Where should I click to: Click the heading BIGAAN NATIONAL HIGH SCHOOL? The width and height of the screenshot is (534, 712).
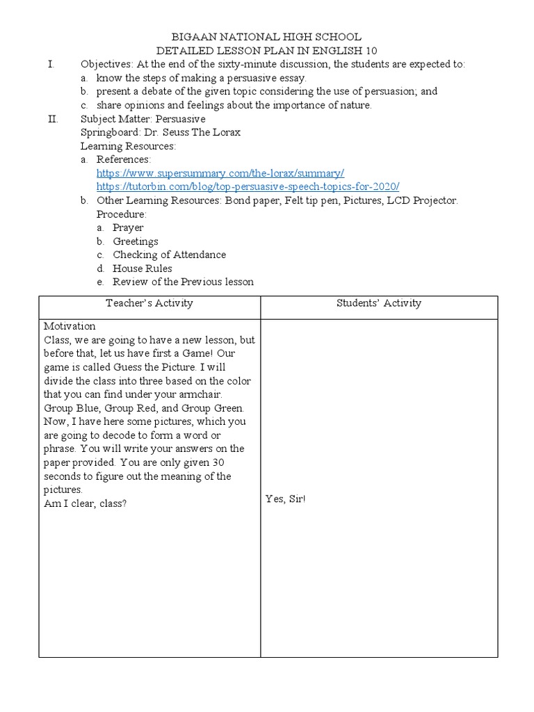pos(266,38)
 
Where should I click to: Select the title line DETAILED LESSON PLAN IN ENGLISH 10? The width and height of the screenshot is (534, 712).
pos(266,51)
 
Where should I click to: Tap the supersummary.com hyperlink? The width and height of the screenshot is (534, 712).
pos(220,173)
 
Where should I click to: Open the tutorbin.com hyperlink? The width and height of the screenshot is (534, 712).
pos(248,186)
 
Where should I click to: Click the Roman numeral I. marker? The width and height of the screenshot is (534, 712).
pos(50,65)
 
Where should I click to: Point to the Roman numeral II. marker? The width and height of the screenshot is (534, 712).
pos(51,119)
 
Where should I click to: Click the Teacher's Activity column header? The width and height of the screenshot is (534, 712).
pos(149,303)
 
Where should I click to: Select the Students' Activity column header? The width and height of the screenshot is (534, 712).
pos(379,303)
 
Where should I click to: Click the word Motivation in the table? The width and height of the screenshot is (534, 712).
pos(70,326)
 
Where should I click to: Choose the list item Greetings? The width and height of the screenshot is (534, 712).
pos(136,241)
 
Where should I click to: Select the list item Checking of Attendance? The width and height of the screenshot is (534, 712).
pos(169,254)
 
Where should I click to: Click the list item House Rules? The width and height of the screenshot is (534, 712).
pos(143,268)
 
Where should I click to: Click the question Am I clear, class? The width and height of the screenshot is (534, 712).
pos(85,503)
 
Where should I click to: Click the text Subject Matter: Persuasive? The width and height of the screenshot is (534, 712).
pos(143,119)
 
